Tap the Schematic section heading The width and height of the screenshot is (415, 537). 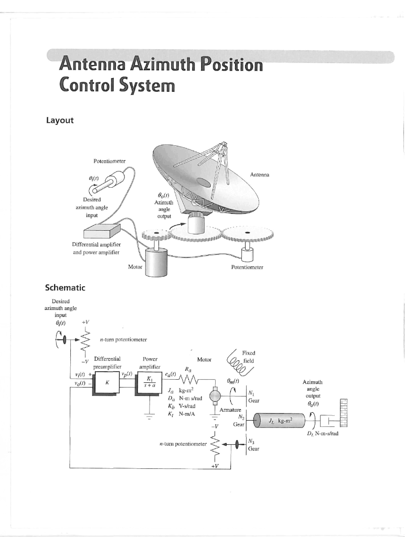[x=65, y=287]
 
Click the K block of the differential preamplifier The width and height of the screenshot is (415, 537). [x=107, y=382]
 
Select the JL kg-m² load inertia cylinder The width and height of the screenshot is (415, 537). [x=279, y=420]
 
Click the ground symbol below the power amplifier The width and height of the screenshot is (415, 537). [x=150, y=416]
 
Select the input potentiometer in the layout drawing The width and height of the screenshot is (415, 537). [x=109, y=185]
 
